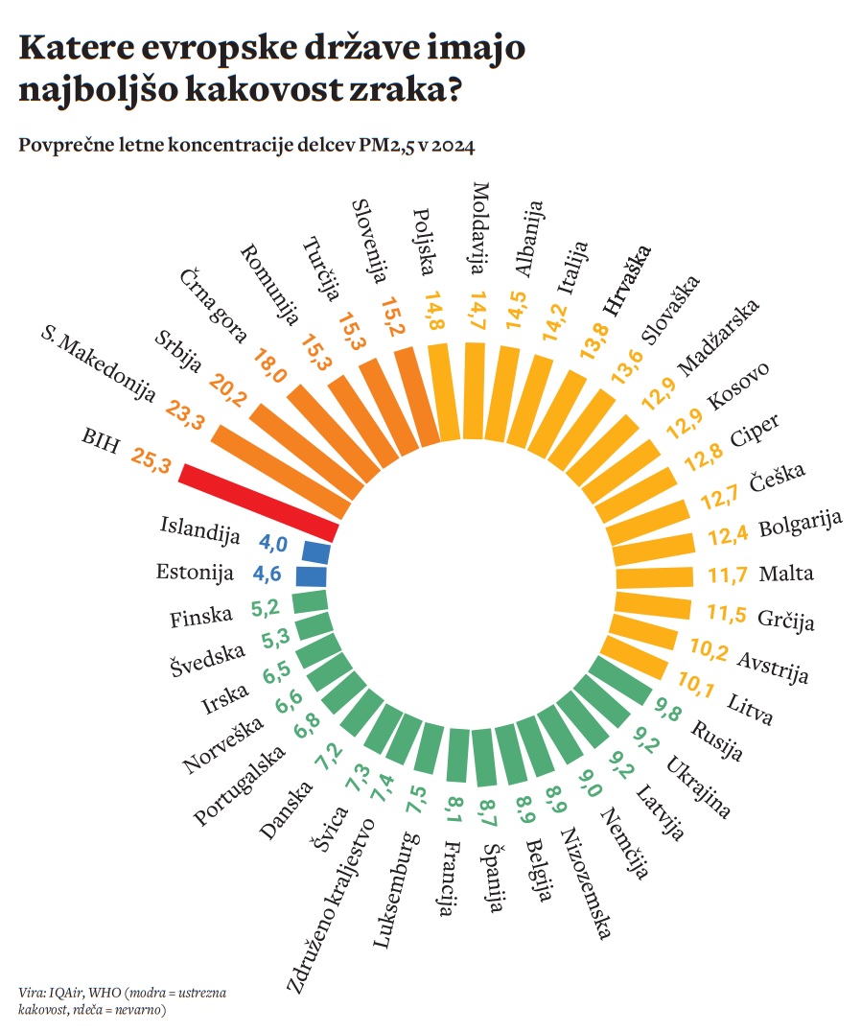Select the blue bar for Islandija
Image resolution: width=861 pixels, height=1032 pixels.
315,552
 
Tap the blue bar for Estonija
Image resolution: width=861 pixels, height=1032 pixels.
311,576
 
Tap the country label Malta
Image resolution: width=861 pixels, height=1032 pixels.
785,575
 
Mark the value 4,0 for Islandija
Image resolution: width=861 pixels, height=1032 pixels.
273,544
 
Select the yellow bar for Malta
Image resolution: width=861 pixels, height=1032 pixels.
652,576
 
